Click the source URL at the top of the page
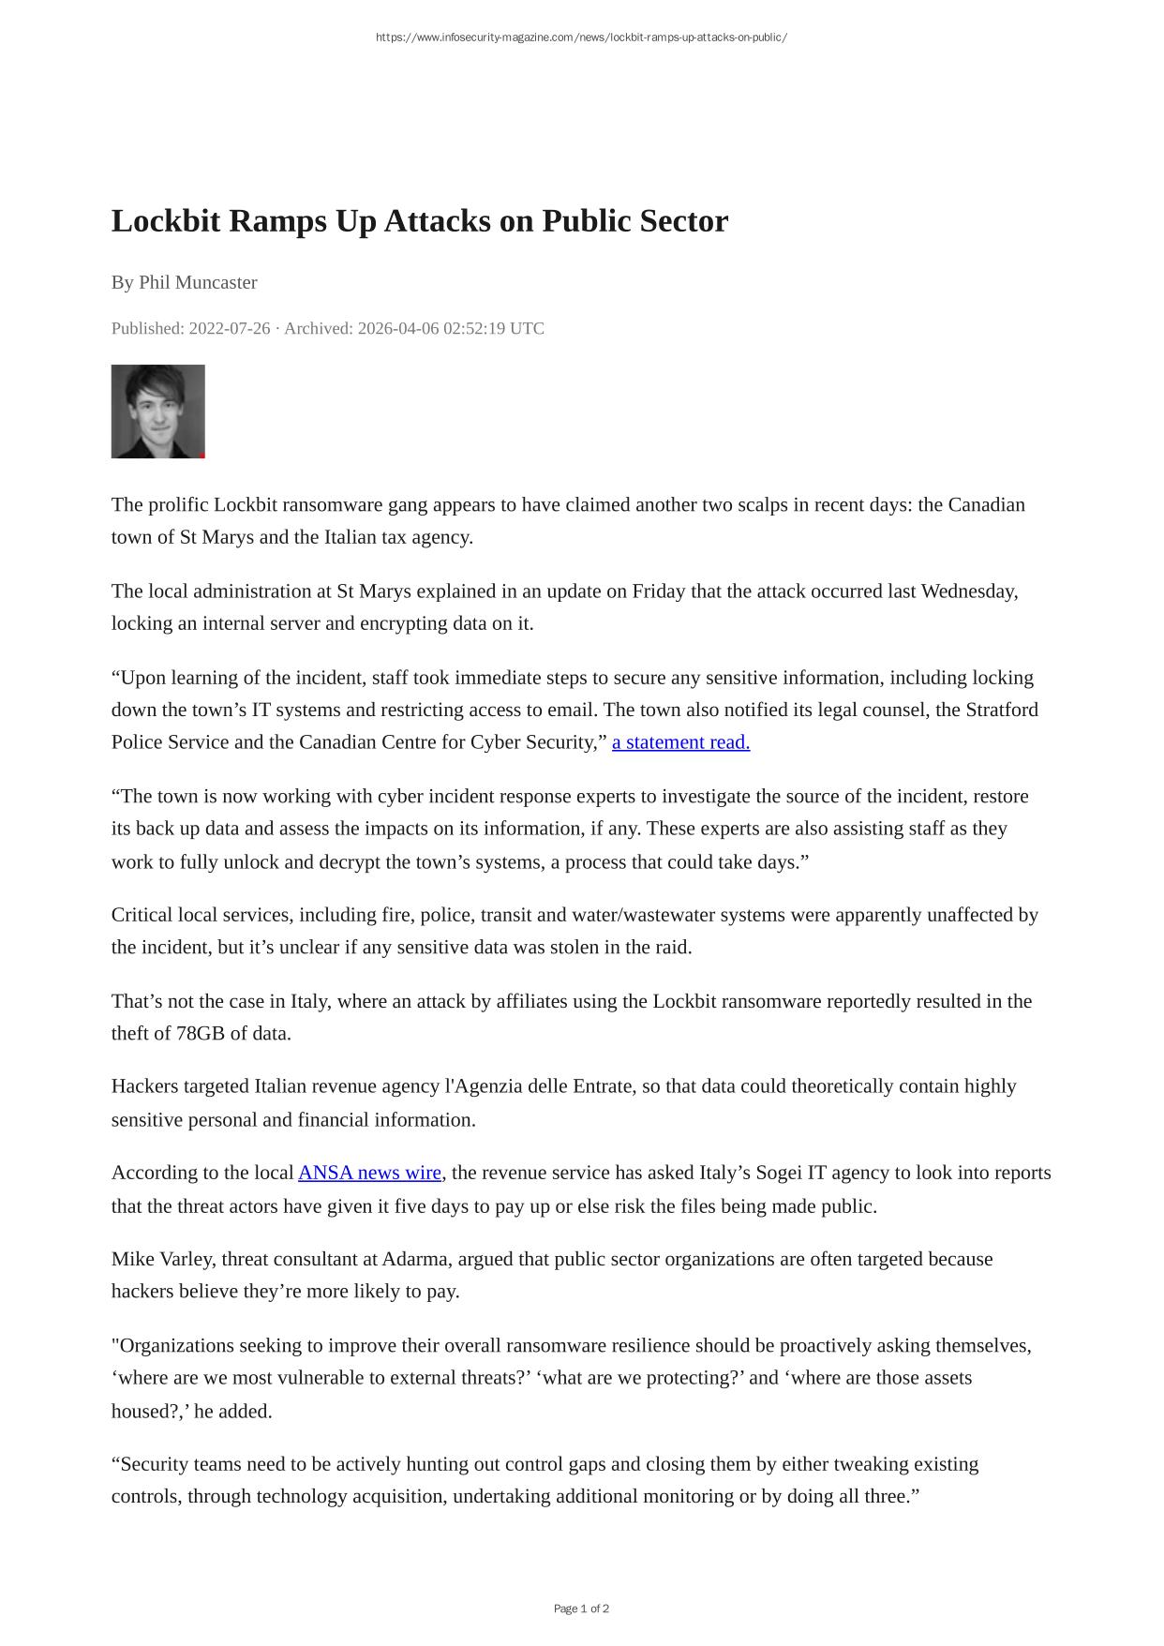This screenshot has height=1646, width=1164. point(581,37)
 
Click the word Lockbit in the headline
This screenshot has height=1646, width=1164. point(166,221)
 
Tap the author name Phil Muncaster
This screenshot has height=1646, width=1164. point(198,282)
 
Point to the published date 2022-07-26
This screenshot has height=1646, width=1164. point(229,328)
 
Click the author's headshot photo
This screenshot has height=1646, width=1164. point(157,411)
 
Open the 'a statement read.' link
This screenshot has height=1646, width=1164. point(680,742)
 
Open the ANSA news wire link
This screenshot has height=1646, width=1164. point(369,1174)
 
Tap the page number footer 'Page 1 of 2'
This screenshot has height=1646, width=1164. point(581,1609)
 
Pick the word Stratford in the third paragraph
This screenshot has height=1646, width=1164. point(1002,710)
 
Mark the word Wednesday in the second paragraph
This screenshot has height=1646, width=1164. point(967,591)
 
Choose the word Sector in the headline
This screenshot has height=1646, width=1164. point(684,221)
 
